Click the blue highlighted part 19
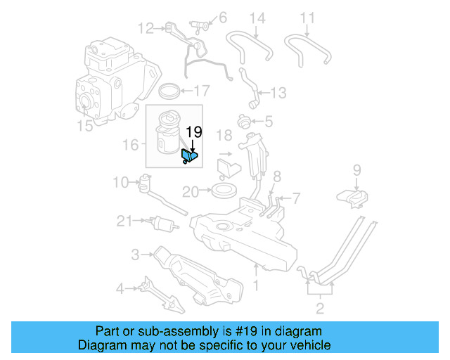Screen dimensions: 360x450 190,155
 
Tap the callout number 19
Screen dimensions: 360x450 194,131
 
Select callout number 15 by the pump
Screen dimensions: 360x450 84,126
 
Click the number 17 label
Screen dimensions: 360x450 202,90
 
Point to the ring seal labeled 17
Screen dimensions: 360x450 169,91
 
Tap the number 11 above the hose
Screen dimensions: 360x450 308,18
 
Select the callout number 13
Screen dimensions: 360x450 278,92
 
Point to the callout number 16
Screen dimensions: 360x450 130,145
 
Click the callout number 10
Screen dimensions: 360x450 121,183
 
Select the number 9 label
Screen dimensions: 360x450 356,169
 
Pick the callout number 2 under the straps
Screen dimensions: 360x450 320,307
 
